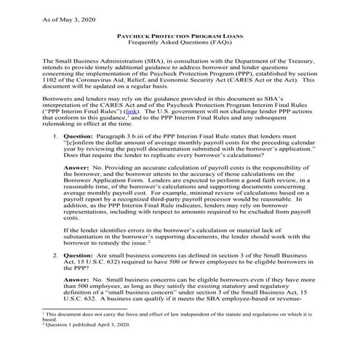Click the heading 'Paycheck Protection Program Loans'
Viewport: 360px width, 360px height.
pos(180,36)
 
